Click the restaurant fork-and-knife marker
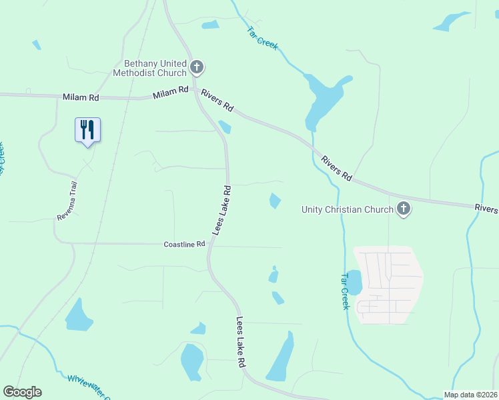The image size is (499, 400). tap(87, 129)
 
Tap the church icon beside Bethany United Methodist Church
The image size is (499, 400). tap(196, 67)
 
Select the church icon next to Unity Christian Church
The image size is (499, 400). tap(403, 209)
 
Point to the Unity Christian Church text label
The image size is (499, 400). tap(348, 209)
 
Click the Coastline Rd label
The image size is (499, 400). tap(185, 245)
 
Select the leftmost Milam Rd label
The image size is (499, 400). tap(81, 97)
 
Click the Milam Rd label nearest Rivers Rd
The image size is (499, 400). tap(171, 95)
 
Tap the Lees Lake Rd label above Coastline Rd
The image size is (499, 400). tap(222, 209)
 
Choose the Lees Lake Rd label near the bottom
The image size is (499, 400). tap(241, 342)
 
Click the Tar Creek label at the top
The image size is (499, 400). tap(262, 38)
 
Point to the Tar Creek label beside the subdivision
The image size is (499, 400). tap(345, 291)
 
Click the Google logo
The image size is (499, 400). tap(22, 392)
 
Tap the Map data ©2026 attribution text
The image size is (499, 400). tap(471, 394)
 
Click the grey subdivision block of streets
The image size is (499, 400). tap(389, 285)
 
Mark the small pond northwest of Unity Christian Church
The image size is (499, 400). tap(275, 200)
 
